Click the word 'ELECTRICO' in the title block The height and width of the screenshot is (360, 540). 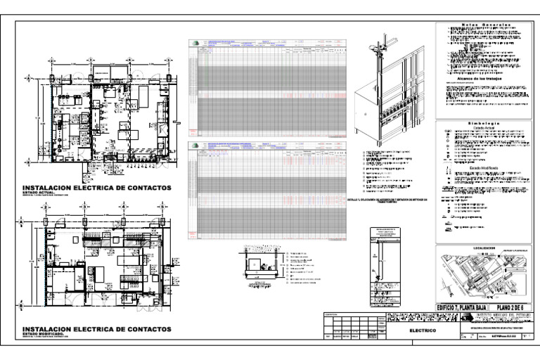click(423, 330)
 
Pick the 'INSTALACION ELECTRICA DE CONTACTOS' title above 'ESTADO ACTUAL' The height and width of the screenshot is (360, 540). click(97, 187)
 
